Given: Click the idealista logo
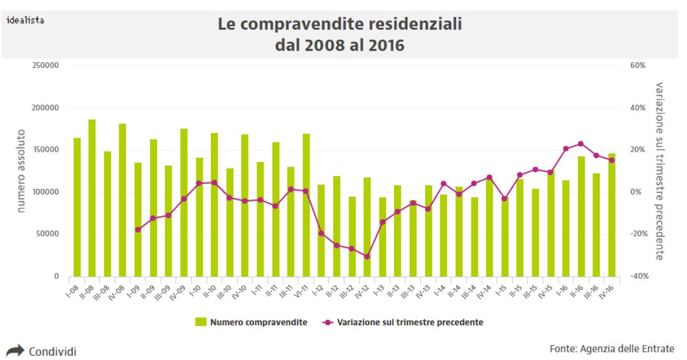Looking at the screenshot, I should tap(25, 20).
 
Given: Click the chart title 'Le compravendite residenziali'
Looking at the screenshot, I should tap(340, 24).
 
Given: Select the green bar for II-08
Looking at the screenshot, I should tap(92, 197).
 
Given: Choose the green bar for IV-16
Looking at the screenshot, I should tap(611, 214).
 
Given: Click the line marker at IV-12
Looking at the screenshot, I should tap(367, 256).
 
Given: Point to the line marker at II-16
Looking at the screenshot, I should tap(580, 144).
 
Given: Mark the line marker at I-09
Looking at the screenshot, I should tap(138, 230).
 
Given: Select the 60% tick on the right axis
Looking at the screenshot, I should tap(638, 66).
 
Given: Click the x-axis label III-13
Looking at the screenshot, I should tap(409, 291).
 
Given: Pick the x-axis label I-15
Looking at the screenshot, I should tap(501, 288).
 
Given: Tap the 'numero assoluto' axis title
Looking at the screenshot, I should tap(21, 171).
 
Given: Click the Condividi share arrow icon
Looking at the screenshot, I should tap(14, 351).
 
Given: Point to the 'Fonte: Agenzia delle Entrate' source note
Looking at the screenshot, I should tap(611, 348).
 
